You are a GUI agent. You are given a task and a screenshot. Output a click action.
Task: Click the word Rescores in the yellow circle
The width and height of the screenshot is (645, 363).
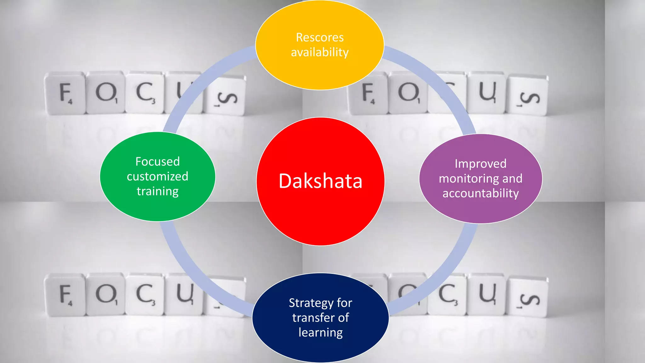320,37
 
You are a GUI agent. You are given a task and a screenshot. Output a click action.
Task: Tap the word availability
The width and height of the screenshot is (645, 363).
320,52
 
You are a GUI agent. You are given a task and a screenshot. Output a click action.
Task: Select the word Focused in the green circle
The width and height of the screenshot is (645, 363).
157,162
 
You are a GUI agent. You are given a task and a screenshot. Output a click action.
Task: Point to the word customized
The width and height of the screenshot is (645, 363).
157,176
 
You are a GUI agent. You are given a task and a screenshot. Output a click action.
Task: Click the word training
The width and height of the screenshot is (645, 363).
157,191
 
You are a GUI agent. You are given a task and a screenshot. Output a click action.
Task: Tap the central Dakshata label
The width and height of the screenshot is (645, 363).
320,181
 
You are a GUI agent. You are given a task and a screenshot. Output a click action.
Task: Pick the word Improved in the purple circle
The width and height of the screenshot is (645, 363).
480,164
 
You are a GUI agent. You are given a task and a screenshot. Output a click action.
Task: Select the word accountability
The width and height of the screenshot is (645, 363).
480,193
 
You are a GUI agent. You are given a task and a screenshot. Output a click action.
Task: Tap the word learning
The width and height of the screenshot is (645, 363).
320,332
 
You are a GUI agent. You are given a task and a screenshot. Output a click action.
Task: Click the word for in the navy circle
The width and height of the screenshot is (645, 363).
344,303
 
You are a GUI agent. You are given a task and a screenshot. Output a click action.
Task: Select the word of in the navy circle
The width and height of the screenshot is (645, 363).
343,318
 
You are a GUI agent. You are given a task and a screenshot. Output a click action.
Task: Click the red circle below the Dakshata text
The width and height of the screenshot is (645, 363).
320,221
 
